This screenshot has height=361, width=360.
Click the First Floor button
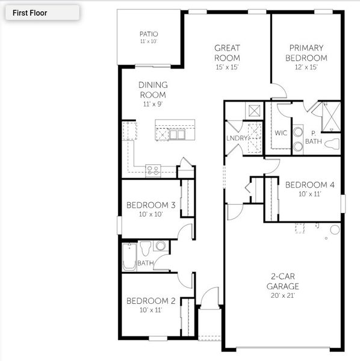pyautogui.click(x=42, y=13)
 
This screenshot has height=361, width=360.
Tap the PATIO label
pyautogui.click(x=148, y=34)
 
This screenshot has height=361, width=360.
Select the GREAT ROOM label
pyautogui.click(x=227, y=53)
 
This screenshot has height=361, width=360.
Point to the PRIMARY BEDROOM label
pyautogui.click(x=306, y=53)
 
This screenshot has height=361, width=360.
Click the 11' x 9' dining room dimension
pyautogui.click(x=153, y=104)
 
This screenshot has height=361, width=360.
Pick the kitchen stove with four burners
pyautogui.click(x=153, y=170)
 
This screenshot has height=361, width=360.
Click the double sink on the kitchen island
pyautogui.click(x=177, y=135)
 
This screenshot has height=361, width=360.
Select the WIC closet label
pyautogui.click(x=281, y=134)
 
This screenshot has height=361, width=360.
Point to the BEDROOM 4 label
pyautogui.click(x=310, y=185)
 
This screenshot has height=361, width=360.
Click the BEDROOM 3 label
pyautogui.click(x=151, y=206)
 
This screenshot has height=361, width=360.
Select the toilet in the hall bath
pyautogui.click(x=145, y=247)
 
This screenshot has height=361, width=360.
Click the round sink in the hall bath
pyautogui.click(x=160, y=245)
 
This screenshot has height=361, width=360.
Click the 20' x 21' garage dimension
pyautogui.click(x=283, y=295)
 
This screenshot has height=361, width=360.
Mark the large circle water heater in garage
pyautogui.click(x=335, y=229)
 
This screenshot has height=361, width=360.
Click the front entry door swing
pyautogui.click(x=209, y=298)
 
